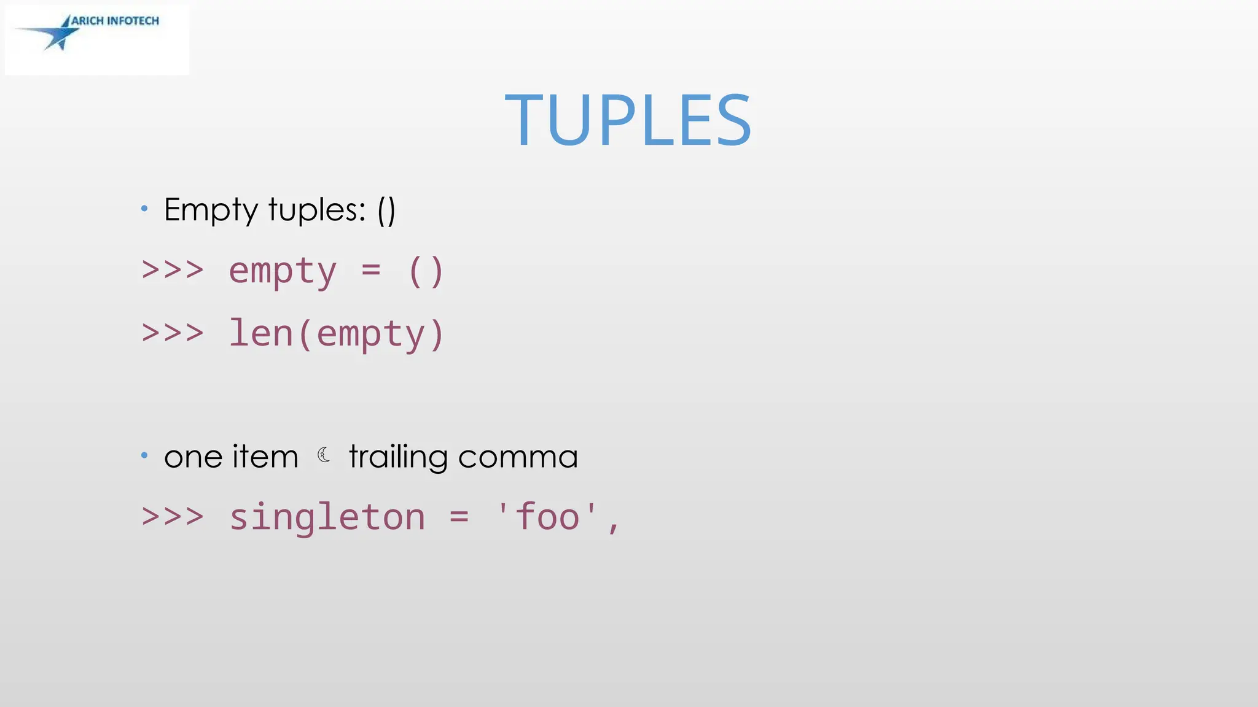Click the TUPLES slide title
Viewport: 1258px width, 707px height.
(628, 120)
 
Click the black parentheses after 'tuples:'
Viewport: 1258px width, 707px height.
(386, 211)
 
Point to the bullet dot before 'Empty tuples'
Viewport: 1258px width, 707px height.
(144, 209)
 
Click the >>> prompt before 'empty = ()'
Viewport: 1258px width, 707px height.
(173, 270)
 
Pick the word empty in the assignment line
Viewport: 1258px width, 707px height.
(283, 271)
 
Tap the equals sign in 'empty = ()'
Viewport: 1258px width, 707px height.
(371, 269)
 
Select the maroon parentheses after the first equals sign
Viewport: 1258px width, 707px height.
(426, 271)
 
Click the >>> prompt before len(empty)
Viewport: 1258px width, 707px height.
(173, 333)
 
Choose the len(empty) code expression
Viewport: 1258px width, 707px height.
(336, 334)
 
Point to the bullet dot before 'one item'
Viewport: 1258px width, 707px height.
(144, 455)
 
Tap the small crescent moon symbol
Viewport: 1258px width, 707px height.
(324, 455)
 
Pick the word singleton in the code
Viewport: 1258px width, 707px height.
(327, 517)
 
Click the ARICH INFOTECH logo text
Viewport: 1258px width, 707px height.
(115, 21)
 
